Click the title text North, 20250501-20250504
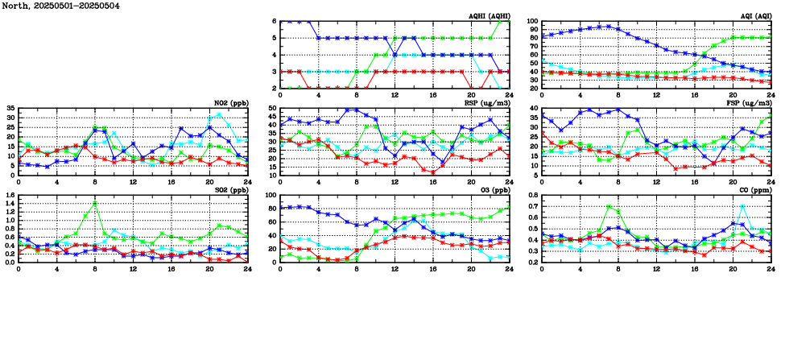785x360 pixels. (x=60, y=6)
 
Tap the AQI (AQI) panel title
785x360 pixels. (x=752, y=16)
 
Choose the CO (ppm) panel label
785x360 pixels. (x=754, y=190)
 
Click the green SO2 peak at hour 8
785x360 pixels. (x=95, y=203)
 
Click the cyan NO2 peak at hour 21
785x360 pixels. (x=219, y=114)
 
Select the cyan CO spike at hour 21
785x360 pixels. (x=742, y=206)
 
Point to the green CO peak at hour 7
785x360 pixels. (x=609, y=207)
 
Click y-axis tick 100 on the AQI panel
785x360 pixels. (x=533, y=22)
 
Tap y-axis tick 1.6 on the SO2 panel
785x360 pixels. (x=10, y=195)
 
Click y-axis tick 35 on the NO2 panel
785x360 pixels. (x=10, y=108)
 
